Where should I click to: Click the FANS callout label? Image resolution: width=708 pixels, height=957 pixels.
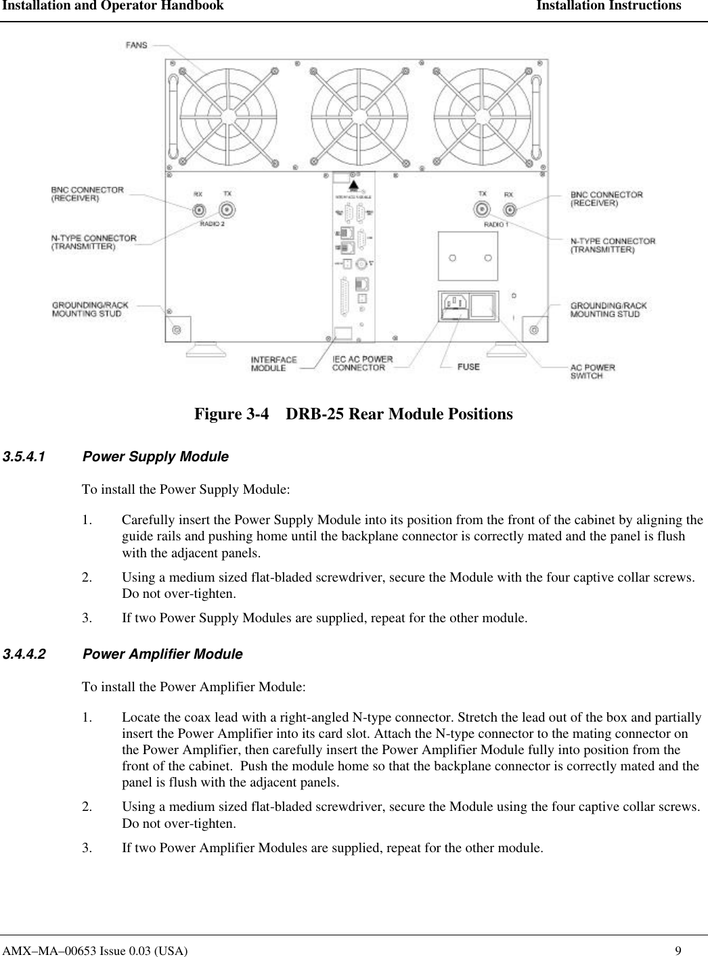(x=136, y=45)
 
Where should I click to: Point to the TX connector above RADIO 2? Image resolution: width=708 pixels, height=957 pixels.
(x=227, y=210)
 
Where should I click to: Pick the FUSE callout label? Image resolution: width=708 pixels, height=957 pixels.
(x=468, y=367)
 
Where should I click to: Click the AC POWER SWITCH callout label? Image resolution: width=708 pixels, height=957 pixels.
(x=593, y=371)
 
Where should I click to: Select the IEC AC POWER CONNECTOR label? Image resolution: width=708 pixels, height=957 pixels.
(x=362, y=363)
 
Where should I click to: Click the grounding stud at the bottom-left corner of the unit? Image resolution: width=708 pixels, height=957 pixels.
(x=177, y=329)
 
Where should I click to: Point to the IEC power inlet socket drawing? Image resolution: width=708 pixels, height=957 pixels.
(x=455, y=306)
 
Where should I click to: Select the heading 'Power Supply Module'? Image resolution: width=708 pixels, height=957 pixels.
(x=155, y=457)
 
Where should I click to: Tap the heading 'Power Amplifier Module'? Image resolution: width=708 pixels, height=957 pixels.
(x=162, y=655)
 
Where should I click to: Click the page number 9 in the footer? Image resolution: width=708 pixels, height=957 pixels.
(x=687, y=950)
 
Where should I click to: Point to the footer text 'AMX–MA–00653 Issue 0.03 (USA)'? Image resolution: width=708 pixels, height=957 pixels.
(x=94, y=950)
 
